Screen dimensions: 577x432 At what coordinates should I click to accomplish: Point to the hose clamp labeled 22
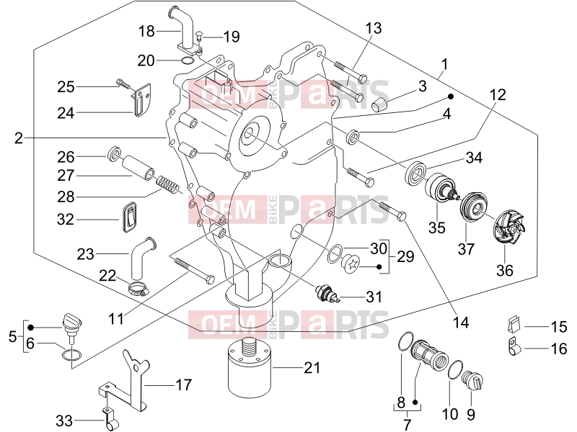[x=138, y=289]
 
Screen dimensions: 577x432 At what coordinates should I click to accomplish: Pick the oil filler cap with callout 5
[x=71, y=325]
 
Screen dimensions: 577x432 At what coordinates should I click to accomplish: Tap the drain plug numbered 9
[x=472, y=382]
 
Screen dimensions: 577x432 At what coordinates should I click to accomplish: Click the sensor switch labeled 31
[x=327, y=293]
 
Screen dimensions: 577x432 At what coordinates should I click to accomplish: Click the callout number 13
[x=374, y=28]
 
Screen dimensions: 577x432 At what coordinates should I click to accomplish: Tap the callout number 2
[x=19, y=138]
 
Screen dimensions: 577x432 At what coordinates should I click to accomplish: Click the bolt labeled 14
[x=392, y=210]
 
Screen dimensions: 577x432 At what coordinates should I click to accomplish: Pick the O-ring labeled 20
[x=187, y=60]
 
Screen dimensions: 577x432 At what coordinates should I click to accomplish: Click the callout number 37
[x=466, y=249]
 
